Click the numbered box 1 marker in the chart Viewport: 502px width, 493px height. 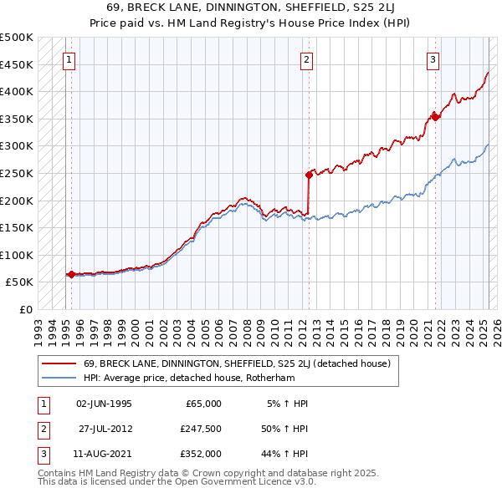[x=67, y=59]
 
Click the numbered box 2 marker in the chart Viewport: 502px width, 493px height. [x=307, y=59]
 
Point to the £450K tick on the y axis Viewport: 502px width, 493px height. [x=17, y=64]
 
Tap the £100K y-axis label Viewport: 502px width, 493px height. [x=17, y=255]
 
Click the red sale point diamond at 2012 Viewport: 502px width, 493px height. [x=309, y=175]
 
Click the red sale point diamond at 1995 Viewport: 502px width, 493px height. [x=71, y=273]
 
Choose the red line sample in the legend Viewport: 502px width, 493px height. [x=59, y=363]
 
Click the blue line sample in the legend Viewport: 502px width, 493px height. [x=59, y=377]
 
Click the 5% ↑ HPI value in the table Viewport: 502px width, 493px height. [x=287, y=404]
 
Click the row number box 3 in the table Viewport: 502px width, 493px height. [x=41, y=454]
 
